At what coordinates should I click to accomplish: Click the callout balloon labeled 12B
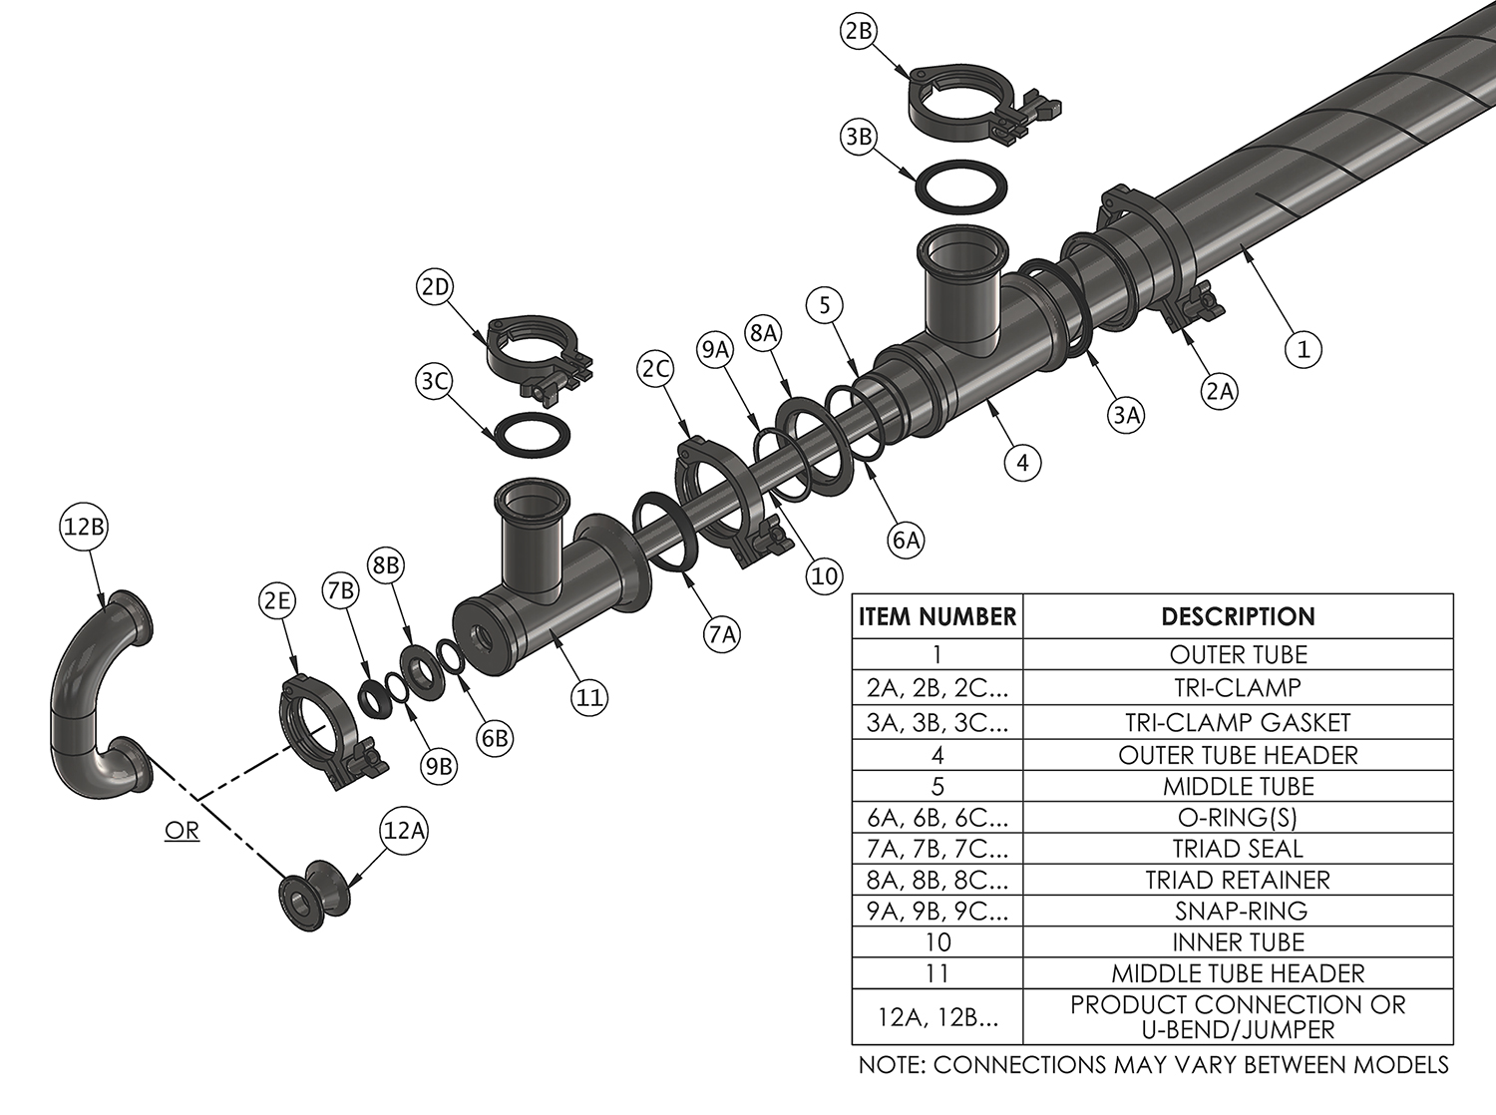point(84,527)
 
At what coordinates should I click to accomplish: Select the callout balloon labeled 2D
point(435,287)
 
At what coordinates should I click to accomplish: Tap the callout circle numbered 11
point(589,697)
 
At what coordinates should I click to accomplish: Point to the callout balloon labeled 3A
point(1127,415)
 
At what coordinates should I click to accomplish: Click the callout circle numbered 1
point(1304,349)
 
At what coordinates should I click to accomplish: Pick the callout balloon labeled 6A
point(907,540)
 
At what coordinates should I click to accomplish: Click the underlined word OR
point(182,831)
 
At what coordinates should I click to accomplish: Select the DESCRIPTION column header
point(1238,616)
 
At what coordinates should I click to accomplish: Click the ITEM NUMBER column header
point(937,617)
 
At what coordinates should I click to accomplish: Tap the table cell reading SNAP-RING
point(1238,911)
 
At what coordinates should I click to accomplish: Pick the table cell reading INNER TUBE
point(1238,942)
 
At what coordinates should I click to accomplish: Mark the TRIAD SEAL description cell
point(1238,849)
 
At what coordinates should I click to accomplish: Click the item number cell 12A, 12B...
point(937,1016)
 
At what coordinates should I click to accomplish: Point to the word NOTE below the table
point(891,1065)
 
